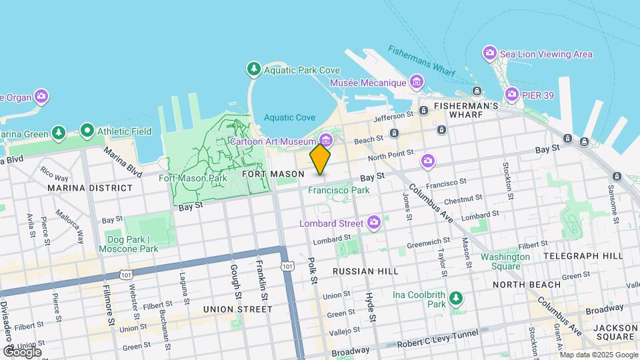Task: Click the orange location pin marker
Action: [320, 159]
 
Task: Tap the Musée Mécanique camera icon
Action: [417, 83]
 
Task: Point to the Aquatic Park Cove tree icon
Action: [253, 69]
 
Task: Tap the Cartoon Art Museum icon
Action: [327, 141]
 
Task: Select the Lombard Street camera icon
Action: [375, 222]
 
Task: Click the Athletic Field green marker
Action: [87, 131]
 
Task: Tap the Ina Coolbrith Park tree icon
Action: [456, 297]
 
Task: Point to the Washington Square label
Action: [500, 261]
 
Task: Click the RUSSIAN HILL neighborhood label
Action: [365, 271]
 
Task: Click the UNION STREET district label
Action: [238, 309]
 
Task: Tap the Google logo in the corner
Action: [21, 351]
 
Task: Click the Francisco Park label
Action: [339, 190]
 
